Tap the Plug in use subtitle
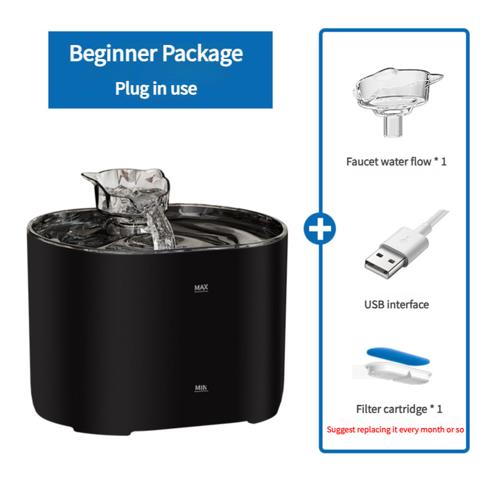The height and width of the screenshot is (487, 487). pyautogui.click(x=156, y=88)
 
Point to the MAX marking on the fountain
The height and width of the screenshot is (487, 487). pyautogui.click(x=201, y=287)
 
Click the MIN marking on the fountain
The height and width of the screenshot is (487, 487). pyautogui.click(x=201, y=387)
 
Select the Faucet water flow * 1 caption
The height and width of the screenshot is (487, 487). pyautogui.click(x=396, y=162)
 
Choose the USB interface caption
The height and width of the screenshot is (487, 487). pyautogui.click(x=396, y=304)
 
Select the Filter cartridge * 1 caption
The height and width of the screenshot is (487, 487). pyautogui.click(x=399, y=409)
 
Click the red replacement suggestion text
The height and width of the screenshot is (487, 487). pyautogui.click(x=395, y=429)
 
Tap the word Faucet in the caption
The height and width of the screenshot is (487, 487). pyautogui.click(x=363, y=162)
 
